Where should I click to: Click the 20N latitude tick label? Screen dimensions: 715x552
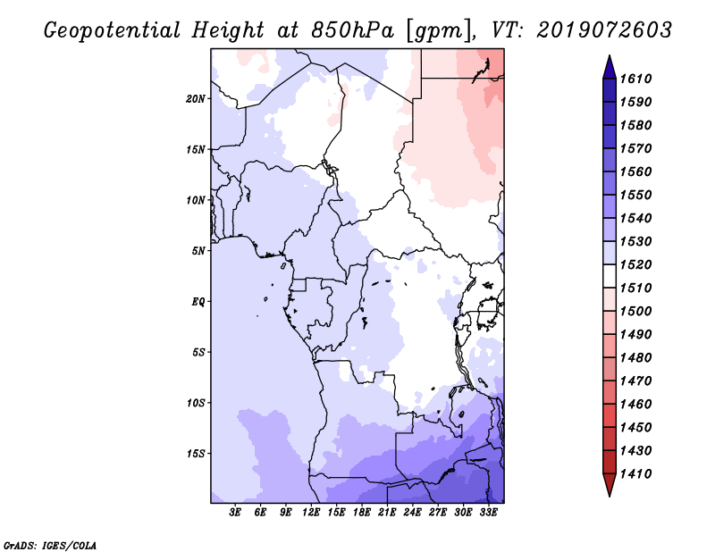(195, 99)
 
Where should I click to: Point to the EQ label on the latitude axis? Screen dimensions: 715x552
(198, 302)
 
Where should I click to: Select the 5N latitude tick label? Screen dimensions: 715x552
(198, 251)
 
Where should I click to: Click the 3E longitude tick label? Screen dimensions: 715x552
(235, 513)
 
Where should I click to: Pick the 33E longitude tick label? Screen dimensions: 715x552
(488, 513)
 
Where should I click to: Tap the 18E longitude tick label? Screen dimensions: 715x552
(362, 513)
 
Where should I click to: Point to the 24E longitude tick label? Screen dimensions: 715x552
(412, 513)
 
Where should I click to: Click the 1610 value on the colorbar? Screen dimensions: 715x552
(635, 79)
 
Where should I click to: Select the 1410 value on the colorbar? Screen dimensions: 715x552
(635, 474)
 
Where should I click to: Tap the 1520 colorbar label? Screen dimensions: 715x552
(635, 264)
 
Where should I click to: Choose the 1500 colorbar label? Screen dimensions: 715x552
(635, 312)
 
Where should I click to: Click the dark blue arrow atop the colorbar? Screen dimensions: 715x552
(610, 69)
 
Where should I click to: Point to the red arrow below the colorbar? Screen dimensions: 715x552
(610, 484)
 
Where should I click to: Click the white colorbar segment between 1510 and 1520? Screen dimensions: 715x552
(610, 276)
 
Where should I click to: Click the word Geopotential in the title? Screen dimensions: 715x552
(113, 31)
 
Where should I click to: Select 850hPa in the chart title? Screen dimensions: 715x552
(352, 30)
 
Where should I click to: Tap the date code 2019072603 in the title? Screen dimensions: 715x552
(604, 30)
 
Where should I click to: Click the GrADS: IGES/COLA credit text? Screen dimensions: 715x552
(50, 546)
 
